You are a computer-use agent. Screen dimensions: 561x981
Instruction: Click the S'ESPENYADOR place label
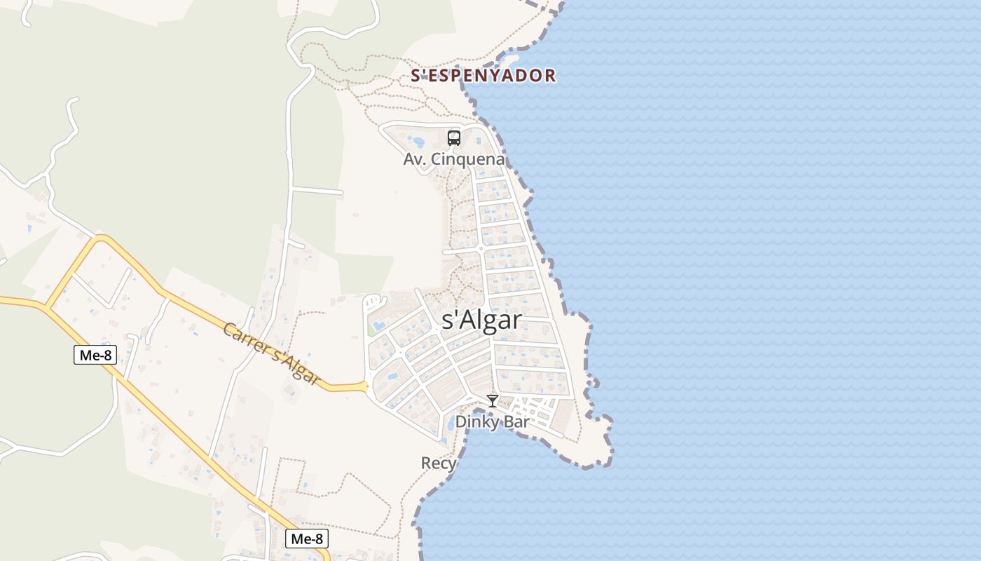pos(483,75)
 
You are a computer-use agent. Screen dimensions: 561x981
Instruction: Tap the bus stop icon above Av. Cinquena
pos(454,137)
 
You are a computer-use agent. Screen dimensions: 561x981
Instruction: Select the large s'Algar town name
pos(482,320)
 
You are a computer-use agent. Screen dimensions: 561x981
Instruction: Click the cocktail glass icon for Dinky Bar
pos(493,401)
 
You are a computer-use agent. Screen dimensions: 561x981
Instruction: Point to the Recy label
pos(439,464)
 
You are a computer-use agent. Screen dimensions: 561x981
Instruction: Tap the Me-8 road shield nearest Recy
pos(307,539)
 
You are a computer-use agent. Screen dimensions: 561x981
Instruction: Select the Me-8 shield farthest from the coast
pos(95,355)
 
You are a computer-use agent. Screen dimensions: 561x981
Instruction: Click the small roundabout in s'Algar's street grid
pos(481,248)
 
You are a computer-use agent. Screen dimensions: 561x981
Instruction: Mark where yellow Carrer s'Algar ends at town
pos(366,386)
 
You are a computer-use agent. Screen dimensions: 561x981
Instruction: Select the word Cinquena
pos(467,159)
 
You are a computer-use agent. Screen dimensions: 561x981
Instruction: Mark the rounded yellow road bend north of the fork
pos(98,241)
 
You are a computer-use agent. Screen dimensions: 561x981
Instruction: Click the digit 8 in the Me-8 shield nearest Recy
pos(319,539)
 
